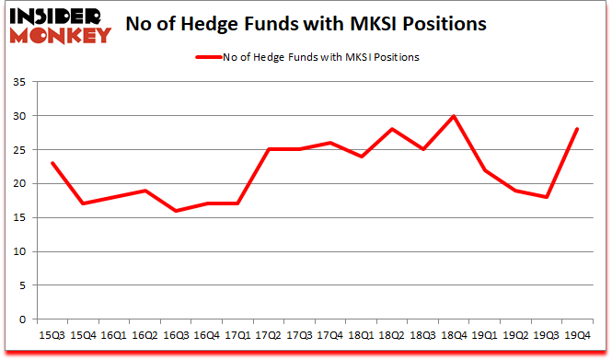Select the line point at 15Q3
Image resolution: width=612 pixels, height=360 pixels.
point(52,163)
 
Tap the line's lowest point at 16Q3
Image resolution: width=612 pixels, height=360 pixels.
point(175,211)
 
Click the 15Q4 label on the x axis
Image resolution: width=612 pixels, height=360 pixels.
point(84,335)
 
